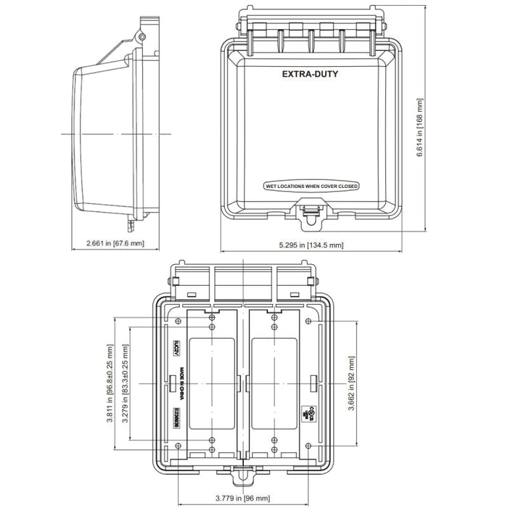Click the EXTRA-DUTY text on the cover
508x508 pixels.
tap(310, 74)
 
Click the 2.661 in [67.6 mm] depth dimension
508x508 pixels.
tap(115, 243)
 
